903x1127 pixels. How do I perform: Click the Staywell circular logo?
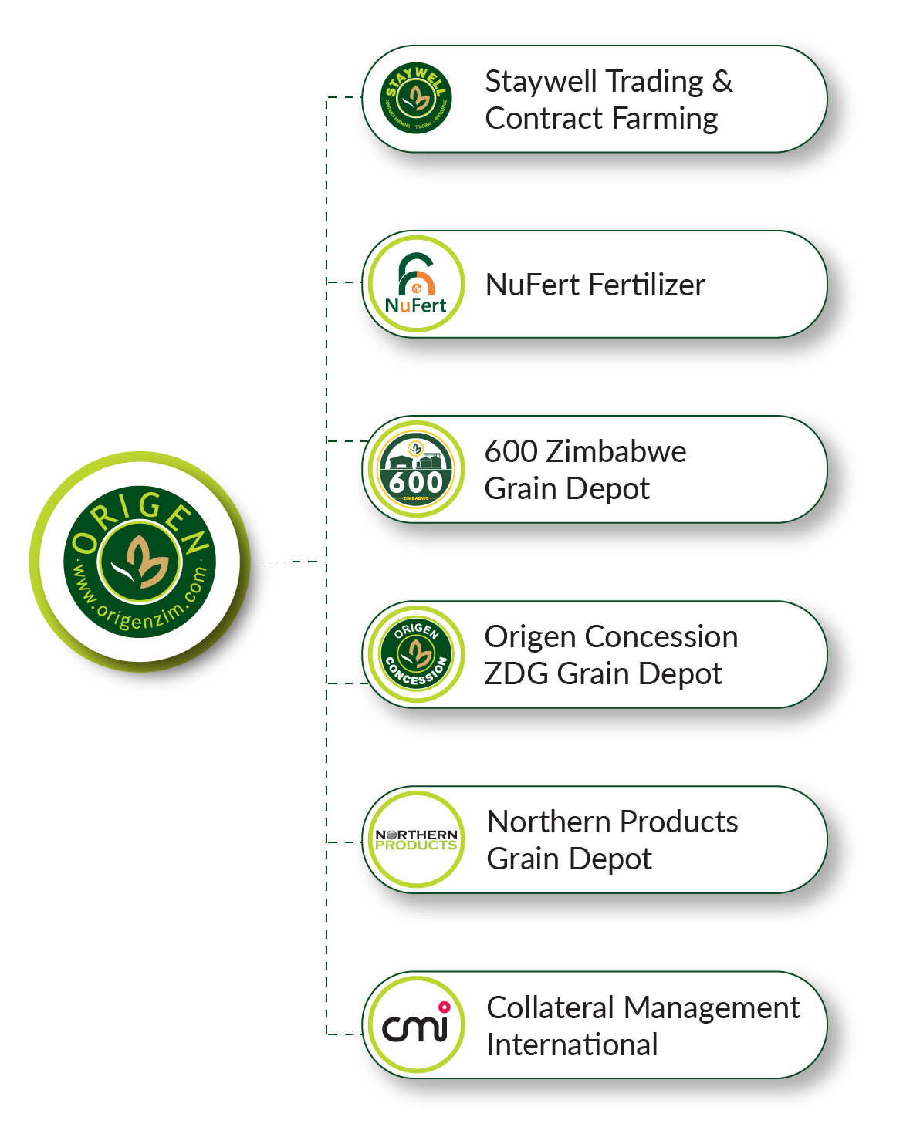pyautogui.click(x=417, y=99)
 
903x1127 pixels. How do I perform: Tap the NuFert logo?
pyautogui.click(x=416, y=284)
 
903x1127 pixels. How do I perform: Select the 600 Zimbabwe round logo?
pyautogui.click(x=416, y=469)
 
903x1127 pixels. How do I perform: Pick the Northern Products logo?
pyautogui.click(x=416, y=839)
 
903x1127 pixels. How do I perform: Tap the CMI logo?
pyautogui.click(x=416, y=1024)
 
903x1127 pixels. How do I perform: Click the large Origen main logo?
pyautogui.click(x=140, y=561)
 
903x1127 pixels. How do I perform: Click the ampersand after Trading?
pyautogui.click(x=722, y=81)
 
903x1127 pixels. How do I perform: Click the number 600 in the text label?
pyautogui.click(x=510, y=451)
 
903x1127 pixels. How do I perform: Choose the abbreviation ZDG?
pyautogui.click(x=516, y=673)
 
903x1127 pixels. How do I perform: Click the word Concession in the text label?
pyautogui.click(x=661, y=636)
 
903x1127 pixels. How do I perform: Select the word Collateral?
pyautogui.click(x=549, y=1007)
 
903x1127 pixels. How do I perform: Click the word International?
pyautogui.click(x=572, y=1044)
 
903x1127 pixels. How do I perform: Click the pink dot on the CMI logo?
pyautogui.click(x=444, y=1007)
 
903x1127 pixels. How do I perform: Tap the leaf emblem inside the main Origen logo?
pyautogui.click(x=140, y=561)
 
